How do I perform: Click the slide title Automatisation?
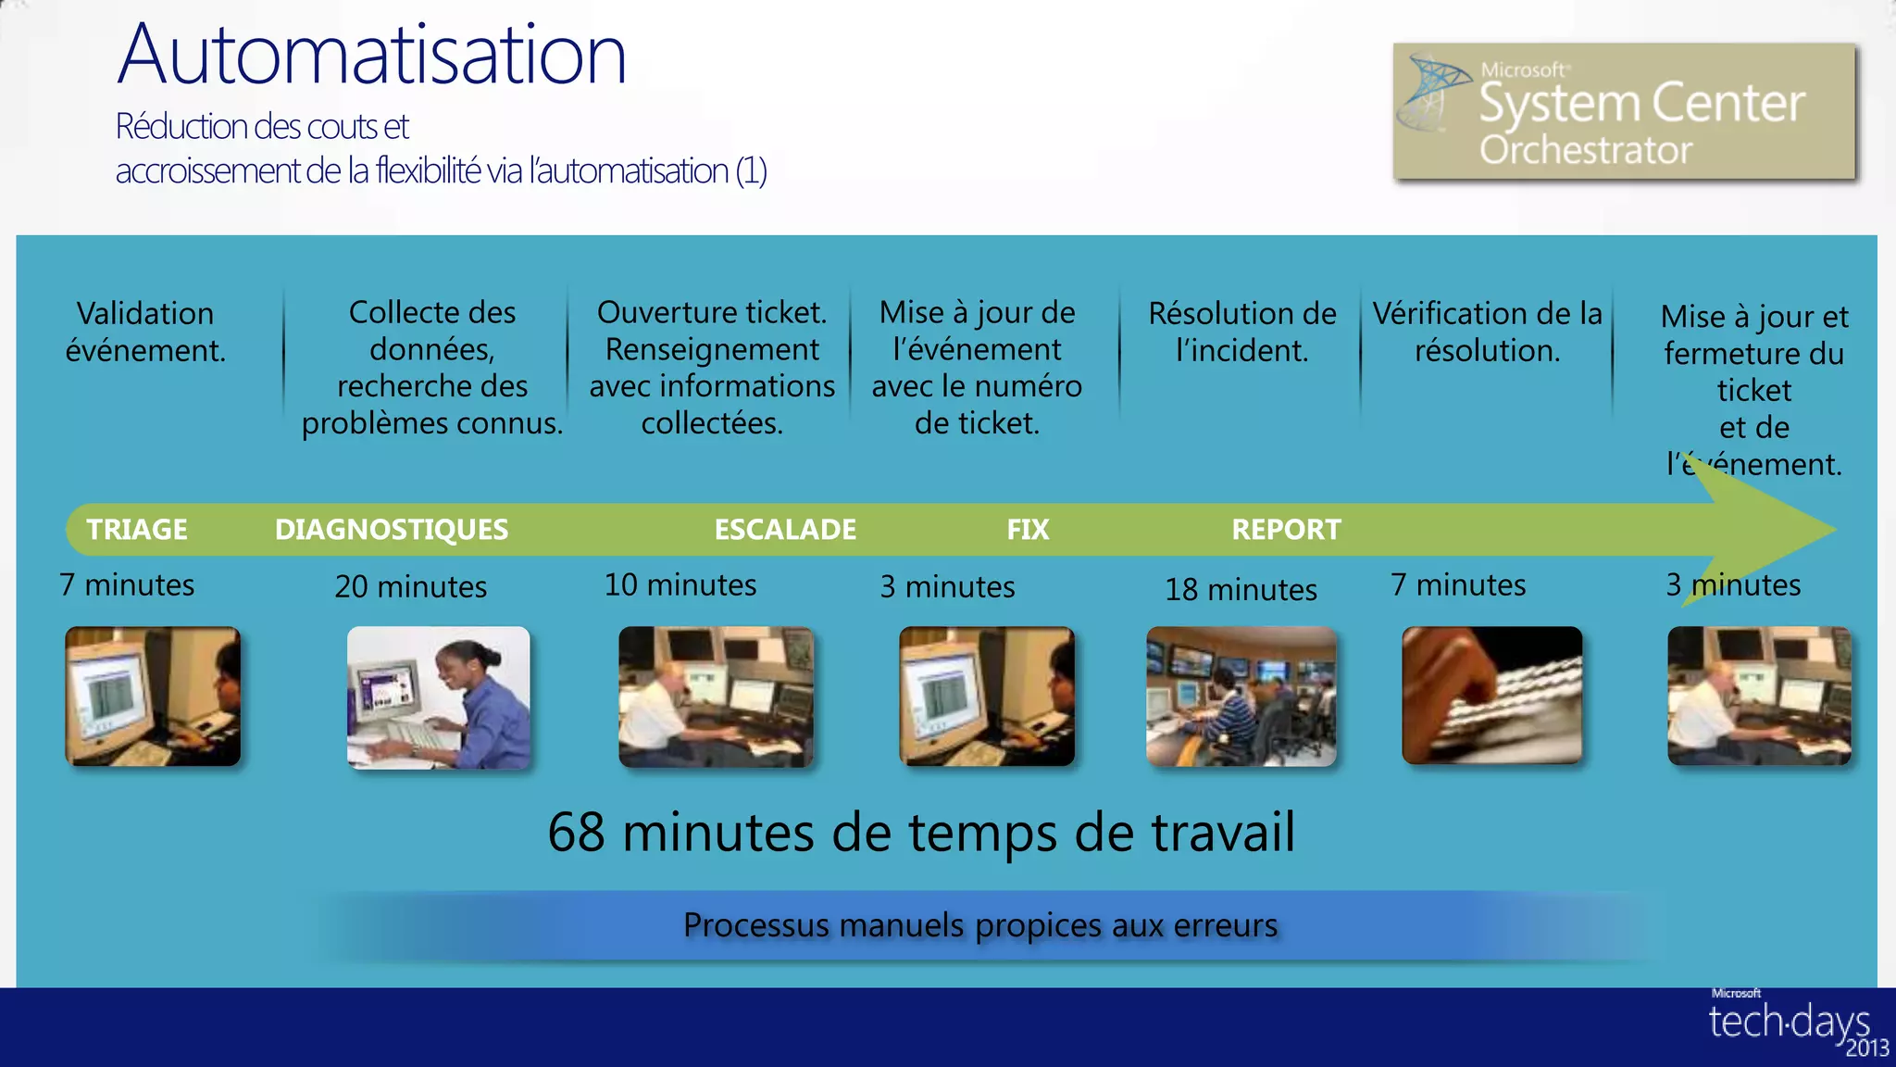click(372, 56)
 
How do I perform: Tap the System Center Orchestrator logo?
click(1624, 111)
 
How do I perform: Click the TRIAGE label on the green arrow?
click(137, 530)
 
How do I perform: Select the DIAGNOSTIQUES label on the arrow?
click(392, 530)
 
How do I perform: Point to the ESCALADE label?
click(785, 530)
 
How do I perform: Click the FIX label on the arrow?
click(1028, 530)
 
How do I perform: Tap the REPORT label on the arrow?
click(1286, 530)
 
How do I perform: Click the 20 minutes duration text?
click(411, 587)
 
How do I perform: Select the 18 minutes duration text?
click(1241, 590)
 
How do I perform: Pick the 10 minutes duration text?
click(680, 585)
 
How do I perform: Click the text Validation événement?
click(145, 332)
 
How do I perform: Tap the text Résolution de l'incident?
click(1242, 332)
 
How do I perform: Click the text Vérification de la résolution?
click(1487, 332)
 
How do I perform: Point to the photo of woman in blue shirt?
click(439, 697)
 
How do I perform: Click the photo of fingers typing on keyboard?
click(1492, 696)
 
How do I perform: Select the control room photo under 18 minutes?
click(1241, 697)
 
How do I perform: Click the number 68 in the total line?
click(576, 833)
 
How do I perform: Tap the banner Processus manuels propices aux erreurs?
click(979, 925)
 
